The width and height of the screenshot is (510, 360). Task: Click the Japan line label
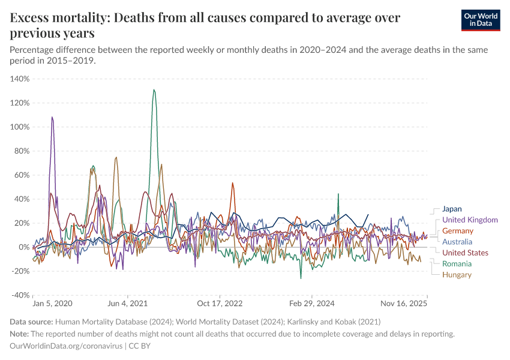(452, 209)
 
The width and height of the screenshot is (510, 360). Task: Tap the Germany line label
(457, 231)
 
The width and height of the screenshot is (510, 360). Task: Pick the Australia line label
(457, 242)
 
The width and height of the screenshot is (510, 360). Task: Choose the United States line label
(465, 253)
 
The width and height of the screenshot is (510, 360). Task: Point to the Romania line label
(457, 264)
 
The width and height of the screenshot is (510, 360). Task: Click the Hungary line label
(457, 275)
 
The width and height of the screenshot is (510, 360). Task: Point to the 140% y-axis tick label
(20, 79)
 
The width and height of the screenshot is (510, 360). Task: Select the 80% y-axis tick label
(22, 151)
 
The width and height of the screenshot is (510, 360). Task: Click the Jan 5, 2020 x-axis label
(52, 304)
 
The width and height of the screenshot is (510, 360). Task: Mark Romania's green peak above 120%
(154, 91)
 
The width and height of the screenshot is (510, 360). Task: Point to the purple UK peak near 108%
(52, 118)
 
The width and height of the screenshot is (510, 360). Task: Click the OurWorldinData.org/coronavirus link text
(66, 346)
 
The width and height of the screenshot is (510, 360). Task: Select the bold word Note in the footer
(20, 334)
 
